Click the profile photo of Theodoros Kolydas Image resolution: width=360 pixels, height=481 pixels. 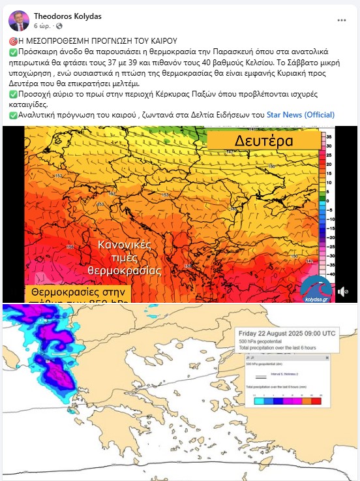pos(19,20)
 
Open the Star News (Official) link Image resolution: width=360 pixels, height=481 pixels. pos(301,115)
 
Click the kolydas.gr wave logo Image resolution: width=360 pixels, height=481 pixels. pos(315,287)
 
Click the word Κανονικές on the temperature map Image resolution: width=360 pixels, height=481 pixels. pos(125,245)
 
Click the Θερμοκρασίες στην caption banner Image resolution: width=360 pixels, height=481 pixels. pos(78,293)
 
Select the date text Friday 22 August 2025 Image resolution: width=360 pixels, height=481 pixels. pos(287,333)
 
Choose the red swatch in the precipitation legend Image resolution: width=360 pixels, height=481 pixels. pos(317,401)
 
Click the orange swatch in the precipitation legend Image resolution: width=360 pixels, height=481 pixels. pos(308,401)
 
